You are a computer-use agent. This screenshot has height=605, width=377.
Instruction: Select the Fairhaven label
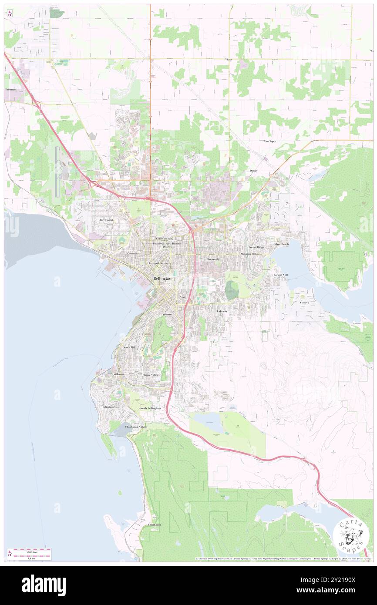pos(118,374)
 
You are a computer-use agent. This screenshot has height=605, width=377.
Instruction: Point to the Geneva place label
pos(304,302)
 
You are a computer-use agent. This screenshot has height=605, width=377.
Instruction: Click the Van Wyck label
pos(269,141)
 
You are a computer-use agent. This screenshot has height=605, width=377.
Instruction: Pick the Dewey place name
pos(253,171)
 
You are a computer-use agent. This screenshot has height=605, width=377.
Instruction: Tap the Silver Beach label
pos(281,244)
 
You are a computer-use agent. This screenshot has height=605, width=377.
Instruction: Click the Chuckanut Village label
pos(136,427)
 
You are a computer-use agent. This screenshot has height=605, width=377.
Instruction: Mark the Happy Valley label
pos(150,374)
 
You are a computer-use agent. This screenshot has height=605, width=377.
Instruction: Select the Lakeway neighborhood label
pos(222,311)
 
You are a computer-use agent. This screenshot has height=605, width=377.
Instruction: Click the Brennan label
pos(11,89)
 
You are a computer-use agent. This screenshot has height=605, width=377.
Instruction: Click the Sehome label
pos(167,314)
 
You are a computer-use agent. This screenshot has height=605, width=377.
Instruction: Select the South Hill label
pos(129,347)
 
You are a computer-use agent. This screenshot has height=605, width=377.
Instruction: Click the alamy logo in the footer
pos(44,585)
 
